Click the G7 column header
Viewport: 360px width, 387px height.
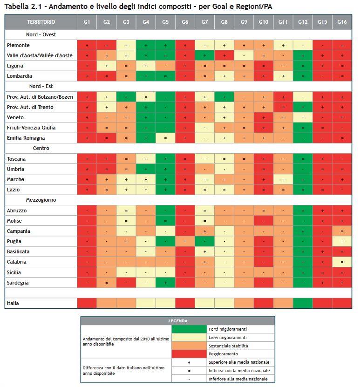click(x=204, y=22)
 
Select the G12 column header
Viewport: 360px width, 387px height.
click(x=303, y=22)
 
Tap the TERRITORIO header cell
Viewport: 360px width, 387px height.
click(x=41, y=22)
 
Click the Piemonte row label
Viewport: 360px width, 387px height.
click(x=19, y=45)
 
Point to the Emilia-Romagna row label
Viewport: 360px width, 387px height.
click(x=26, y=138)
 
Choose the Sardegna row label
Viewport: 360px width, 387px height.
click(x=18, y=283)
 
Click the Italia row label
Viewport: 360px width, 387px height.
click(x=13, y=303)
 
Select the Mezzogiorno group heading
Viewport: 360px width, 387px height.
click(x=41, y=200)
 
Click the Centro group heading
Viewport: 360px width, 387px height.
click(x=41, y=148)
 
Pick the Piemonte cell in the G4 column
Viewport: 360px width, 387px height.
click(x=146, y=45)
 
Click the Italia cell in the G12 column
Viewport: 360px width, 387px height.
click(x=303, y=303)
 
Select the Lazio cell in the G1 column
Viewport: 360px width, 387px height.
click(x=87, y=190)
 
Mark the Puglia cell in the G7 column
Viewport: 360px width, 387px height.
click(x=204, y=241)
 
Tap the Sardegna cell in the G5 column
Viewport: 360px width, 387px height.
click(x=165, y=283)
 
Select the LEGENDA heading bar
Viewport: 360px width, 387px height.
click(x=178, y=321)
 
